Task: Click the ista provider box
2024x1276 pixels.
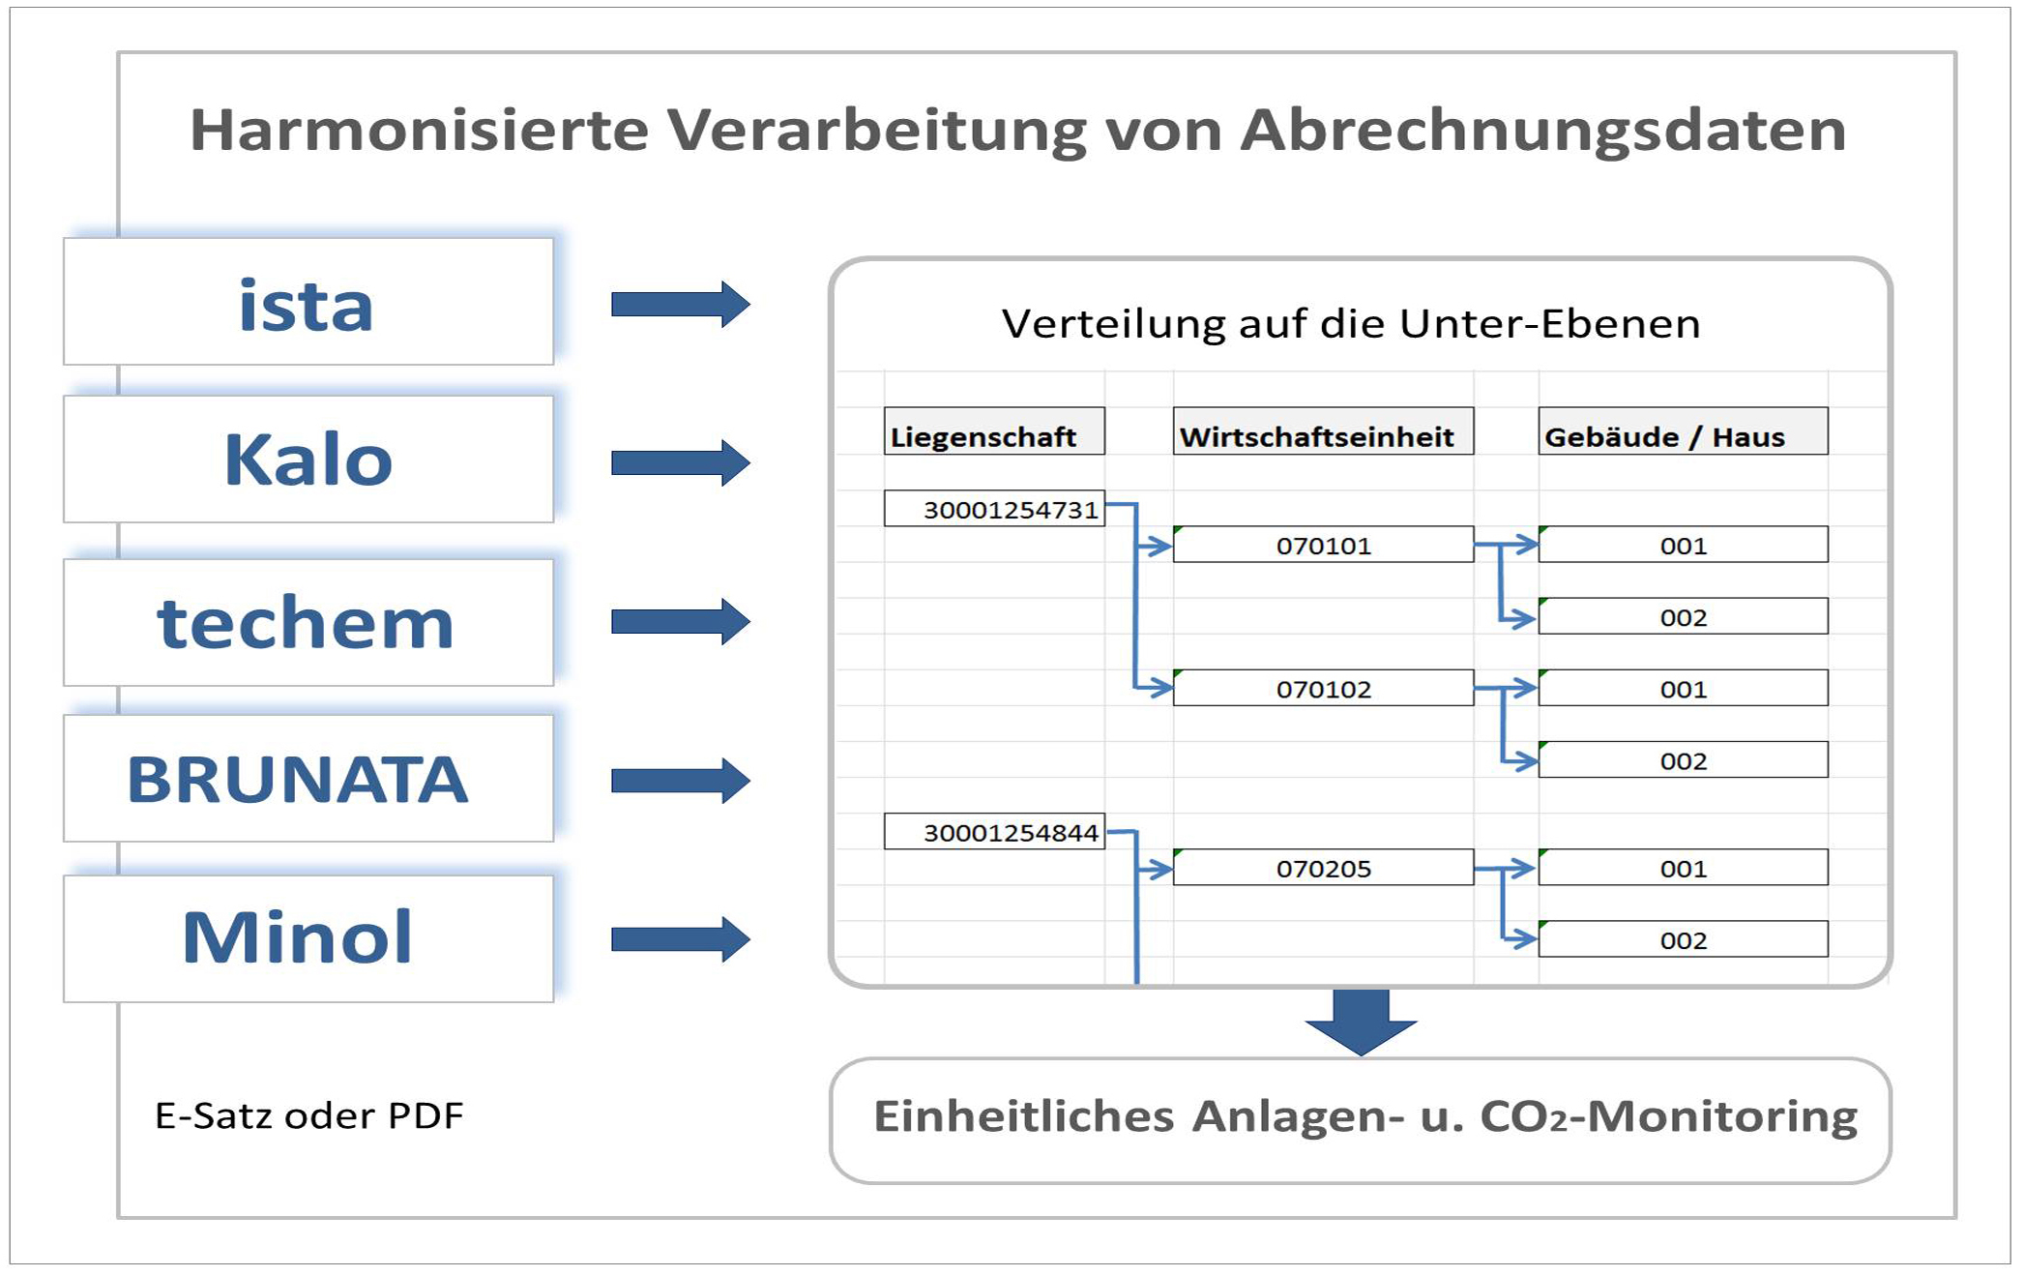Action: coord(308,302)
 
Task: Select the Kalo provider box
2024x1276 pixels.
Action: coord(308,459)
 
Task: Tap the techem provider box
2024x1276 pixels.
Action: coord(308,622)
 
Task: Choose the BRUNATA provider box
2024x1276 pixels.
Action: coord(308,778)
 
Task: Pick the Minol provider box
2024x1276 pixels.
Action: coord(308,938)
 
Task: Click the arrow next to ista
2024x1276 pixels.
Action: coord(681,305)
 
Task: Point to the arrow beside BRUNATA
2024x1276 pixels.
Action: coord(681,781)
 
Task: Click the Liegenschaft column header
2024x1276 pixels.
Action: coord(994,431)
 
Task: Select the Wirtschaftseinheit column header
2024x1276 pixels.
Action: coord(1323,431)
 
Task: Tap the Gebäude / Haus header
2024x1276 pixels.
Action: coord(1683,431)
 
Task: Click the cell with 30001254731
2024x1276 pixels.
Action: coord(994,509)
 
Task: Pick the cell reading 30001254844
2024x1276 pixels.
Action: coord(994,832)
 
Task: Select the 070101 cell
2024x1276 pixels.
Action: coord(1323,545)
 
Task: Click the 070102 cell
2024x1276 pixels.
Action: coord(1323,688)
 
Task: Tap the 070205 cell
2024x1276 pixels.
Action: coord(1323,868)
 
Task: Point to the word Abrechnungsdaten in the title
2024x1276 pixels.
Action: coord(1543,131)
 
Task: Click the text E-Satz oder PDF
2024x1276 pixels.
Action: coord(309,1115)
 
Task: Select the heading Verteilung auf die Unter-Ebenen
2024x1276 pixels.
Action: coord(1351,323)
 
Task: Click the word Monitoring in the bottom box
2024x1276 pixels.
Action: coord(1722,1116)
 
